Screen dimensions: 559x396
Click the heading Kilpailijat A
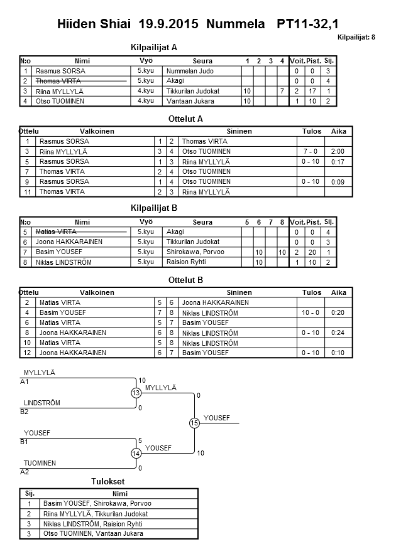click(x=154, y=47)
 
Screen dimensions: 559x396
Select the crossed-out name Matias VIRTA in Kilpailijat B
click(x=58, y=232)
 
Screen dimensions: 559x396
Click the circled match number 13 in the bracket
click(x=136, y=393)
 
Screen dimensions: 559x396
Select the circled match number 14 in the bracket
click(x=136, y=454)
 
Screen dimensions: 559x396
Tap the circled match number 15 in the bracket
click(x=194, y=423)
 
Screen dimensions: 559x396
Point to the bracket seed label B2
click(x=25, y=412)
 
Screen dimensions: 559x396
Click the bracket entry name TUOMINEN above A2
click(x=40, y=463)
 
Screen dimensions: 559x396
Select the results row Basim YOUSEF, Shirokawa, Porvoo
click(x=97, y=503)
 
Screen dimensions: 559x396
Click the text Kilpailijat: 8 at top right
click(x=356, y=38)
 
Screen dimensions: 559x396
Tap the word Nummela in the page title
click(x=236, y=24)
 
